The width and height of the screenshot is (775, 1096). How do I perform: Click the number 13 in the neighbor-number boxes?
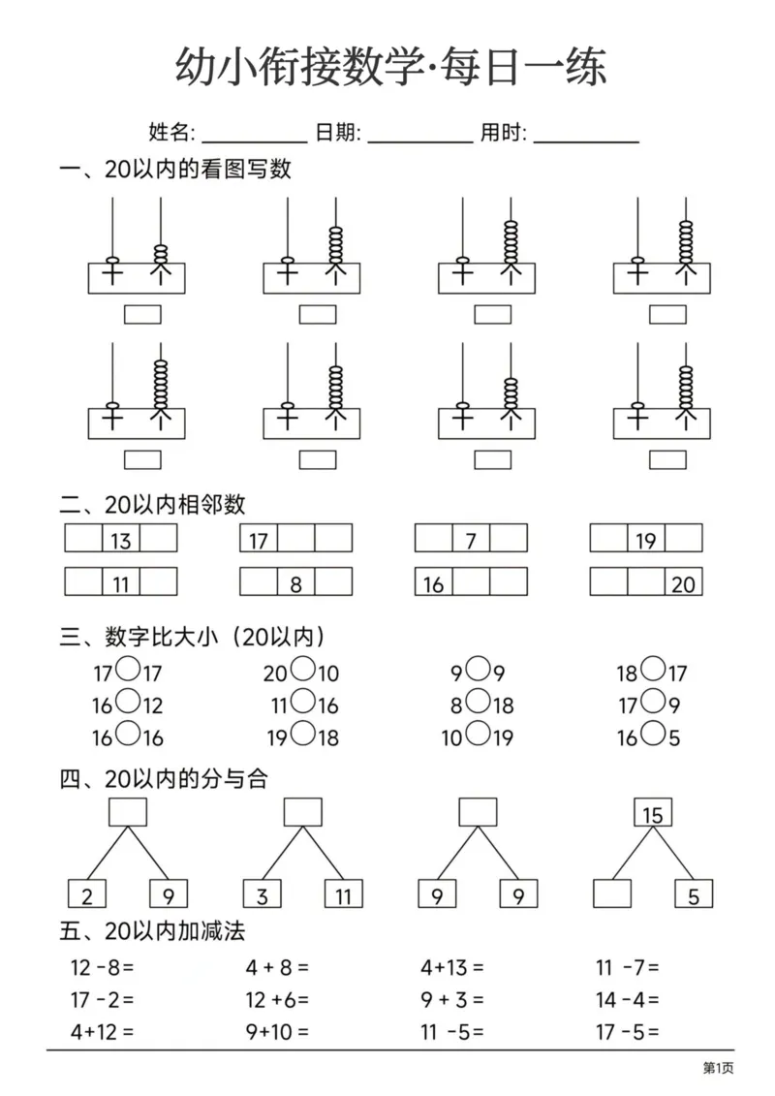[121, 539]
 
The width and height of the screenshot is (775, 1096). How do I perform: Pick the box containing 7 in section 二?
[471, 539]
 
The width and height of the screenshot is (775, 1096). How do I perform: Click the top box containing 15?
[653, 813]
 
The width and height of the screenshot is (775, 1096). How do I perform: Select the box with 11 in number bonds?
[343, 894]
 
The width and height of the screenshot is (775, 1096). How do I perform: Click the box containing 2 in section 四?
[87, 894]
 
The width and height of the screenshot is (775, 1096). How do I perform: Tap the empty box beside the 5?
[611, 894]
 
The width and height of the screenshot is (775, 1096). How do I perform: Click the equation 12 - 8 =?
[101, 966]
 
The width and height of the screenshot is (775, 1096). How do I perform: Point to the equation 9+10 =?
[277, 1032]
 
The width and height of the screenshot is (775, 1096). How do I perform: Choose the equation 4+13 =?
[452, 966]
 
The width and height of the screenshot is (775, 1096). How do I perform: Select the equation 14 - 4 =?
[628, 999]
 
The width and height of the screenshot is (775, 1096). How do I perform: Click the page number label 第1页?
[718, 1068]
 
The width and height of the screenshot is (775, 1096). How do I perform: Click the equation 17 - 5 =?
[628, 1032]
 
